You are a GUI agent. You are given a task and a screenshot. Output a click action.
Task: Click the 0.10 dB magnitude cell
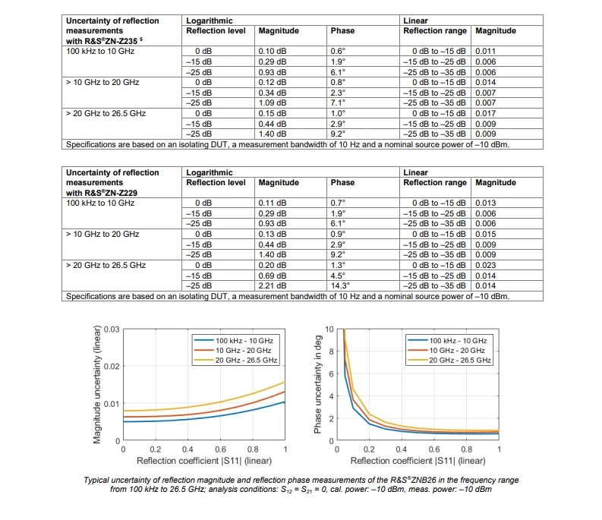click(272, 50)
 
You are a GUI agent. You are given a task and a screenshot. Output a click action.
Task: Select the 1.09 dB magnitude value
click(272, 102)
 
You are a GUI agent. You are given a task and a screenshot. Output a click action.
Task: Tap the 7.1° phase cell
click(339, 102)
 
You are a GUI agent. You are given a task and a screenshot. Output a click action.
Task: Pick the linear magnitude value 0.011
click(486, 50)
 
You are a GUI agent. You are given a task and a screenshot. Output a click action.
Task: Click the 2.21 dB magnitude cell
click(272, 286)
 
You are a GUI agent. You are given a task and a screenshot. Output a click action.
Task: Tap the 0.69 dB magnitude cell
click(272, 276)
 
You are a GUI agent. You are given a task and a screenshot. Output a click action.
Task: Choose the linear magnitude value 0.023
click(486, 266)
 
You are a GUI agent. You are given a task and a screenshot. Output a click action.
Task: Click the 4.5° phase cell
click(339, 276)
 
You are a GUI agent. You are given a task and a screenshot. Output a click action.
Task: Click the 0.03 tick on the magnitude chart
click(112, 329)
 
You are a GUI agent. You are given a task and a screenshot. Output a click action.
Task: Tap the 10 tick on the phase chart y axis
click(328, 329)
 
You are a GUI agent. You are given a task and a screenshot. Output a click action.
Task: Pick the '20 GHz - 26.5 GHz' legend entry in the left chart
click(243, 360)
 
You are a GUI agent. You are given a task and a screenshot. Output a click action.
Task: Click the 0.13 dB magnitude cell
click(272, 234)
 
